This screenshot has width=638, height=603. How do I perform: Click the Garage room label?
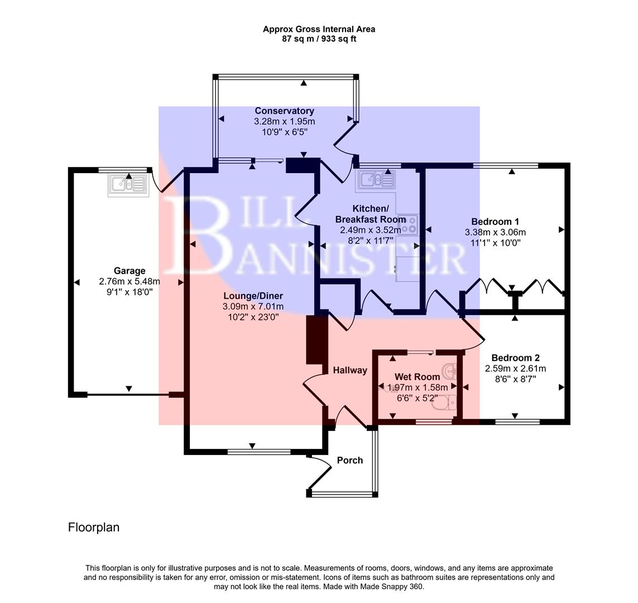coord(129,271)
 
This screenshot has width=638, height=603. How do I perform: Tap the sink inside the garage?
coord(128,185)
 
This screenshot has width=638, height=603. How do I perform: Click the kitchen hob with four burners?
coord(408,223)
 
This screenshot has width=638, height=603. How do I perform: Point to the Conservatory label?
coord(284,111)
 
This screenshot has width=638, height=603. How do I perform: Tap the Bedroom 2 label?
coord(515,358)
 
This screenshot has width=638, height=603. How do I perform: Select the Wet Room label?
coord(417,377)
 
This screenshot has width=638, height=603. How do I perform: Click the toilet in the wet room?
coord(446,402)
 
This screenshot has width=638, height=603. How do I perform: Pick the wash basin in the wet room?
coord(450,371)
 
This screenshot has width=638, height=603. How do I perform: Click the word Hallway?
coord(350,370)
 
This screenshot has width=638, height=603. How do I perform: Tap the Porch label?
coord(350,460)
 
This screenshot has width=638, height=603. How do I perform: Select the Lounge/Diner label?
coord(253,296)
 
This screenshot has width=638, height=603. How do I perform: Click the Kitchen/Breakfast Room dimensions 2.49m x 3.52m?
coord(370,230)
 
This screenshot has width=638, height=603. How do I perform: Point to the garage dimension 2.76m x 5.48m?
coord(129,281)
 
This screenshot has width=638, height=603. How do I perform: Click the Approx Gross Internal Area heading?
coord(319,29)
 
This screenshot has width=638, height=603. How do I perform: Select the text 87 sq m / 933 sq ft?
coord(319,39)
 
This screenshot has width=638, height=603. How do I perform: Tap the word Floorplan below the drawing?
coord(93,527)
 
